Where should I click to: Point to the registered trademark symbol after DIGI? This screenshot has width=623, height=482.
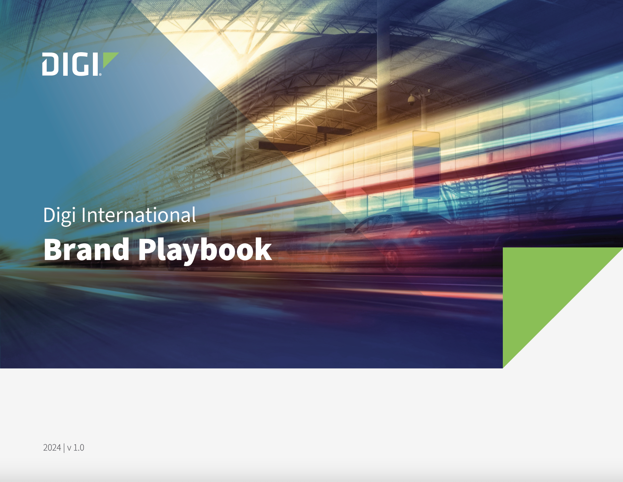click(100, 74)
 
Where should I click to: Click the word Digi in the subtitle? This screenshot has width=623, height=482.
click(59, 215)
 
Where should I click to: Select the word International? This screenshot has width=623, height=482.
click(139, 215)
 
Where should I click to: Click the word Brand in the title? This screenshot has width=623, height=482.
click(86, 250)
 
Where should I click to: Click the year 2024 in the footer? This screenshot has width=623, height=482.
click(52, 448)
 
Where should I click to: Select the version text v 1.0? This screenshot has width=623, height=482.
click(76, 448)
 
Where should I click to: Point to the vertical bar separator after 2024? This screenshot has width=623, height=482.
click(64, 448)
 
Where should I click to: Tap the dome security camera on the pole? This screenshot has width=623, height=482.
click(411, 100)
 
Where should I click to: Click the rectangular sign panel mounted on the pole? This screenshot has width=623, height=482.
click(426, 164)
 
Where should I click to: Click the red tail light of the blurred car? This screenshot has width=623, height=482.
click(420, 232)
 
